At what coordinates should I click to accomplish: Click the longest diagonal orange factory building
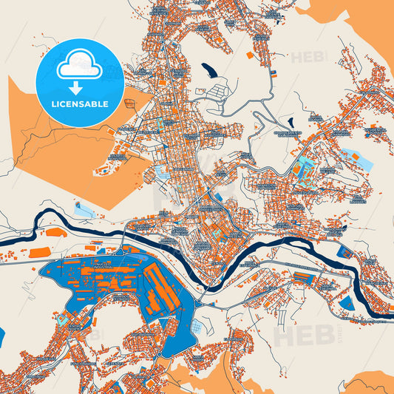(159, 288)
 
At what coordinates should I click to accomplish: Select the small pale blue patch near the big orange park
(160, 172)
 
